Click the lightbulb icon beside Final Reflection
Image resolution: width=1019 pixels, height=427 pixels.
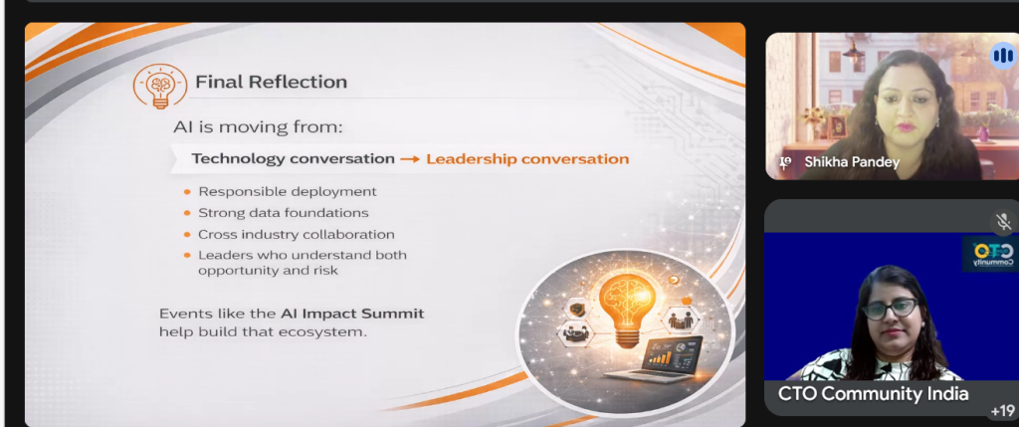point(160,86)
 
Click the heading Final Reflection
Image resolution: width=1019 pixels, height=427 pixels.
point(271,82)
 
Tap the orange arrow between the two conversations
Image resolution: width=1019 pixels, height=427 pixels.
point(410,159)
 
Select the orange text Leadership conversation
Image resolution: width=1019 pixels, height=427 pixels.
point(527,158)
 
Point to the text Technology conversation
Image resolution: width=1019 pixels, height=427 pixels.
point(294,158)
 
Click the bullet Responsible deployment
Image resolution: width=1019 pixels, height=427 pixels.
point(288,192)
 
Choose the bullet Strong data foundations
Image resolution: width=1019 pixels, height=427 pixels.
point(284,213)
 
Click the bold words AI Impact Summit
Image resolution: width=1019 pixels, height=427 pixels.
point(352,314)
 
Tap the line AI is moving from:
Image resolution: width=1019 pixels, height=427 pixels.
point(258,126)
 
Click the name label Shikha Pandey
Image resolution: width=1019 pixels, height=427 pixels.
point(852,162)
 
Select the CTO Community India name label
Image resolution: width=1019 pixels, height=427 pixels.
point(873,394)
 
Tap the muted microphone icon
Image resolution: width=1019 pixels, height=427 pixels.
point(1004,222)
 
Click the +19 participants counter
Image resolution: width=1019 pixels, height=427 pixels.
point(1003,411)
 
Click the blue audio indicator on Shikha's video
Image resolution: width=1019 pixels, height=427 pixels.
point(1003,56)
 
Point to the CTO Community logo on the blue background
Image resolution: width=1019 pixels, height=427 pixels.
point(991,254)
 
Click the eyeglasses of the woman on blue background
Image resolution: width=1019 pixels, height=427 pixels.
point(890,307)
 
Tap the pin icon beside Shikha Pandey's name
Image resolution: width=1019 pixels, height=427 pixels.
point(785,163)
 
